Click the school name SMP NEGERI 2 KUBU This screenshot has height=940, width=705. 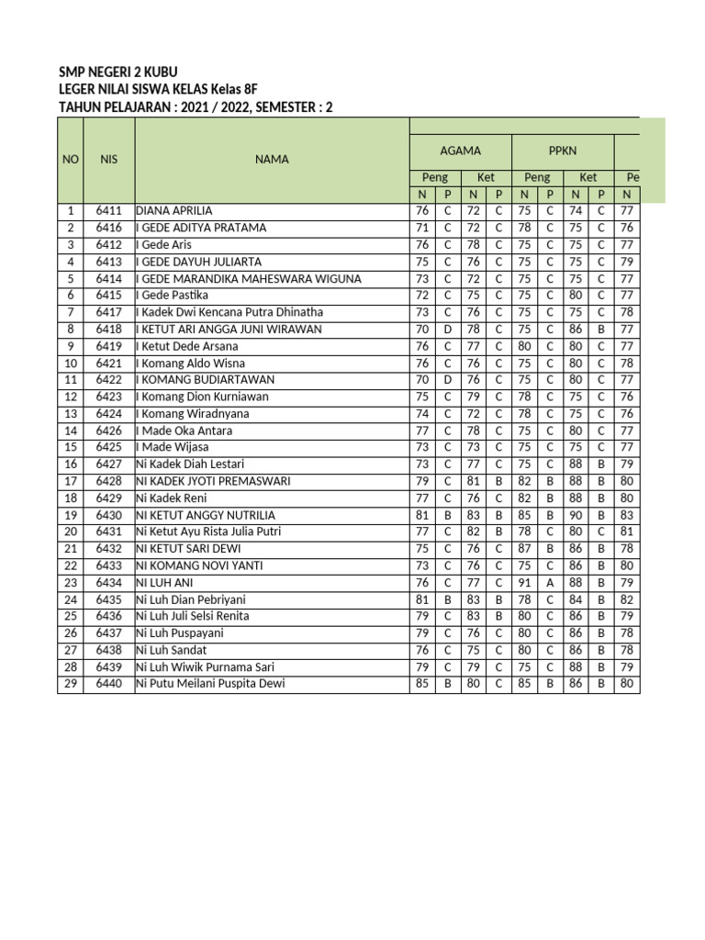pos(117,72)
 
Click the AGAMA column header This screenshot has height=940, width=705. pos(460,151)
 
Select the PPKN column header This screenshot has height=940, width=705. pos(563,151)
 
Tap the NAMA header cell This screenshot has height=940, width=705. pos(272,160)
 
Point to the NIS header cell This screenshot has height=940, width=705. pos(108,160)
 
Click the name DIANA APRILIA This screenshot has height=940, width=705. pos(173,211)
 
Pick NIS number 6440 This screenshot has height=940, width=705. pos(108,684)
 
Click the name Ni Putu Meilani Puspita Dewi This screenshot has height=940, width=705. pos(210,684)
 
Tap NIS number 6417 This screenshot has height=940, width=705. pos(108,312)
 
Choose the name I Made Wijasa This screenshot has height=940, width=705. pos(171,447)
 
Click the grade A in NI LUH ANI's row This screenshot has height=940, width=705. pos(550,583)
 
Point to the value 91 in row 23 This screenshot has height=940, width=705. pos(524,583)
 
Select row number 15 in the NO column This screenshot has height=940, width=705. pos(70,447)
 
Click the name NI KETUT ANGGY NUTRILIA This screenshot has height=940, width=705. pos(206,515)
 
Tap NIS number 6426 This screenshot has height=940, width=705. pos(108,431)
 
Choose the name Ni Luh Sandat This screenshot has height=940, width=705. pos(171,650)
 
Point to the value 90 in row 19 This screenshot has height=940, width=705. pos(576,515)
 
